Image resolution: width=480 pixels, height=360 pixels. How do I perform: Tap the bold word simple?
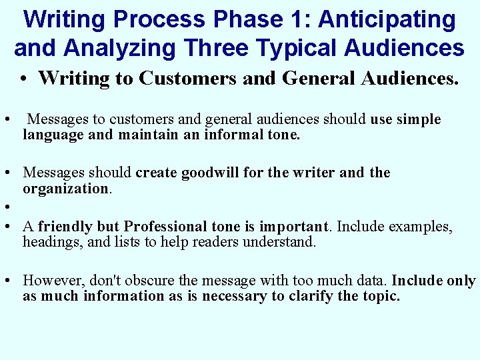(419, 119)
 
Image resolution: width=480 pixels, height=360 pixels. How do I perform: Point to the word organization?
(65, 189)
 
